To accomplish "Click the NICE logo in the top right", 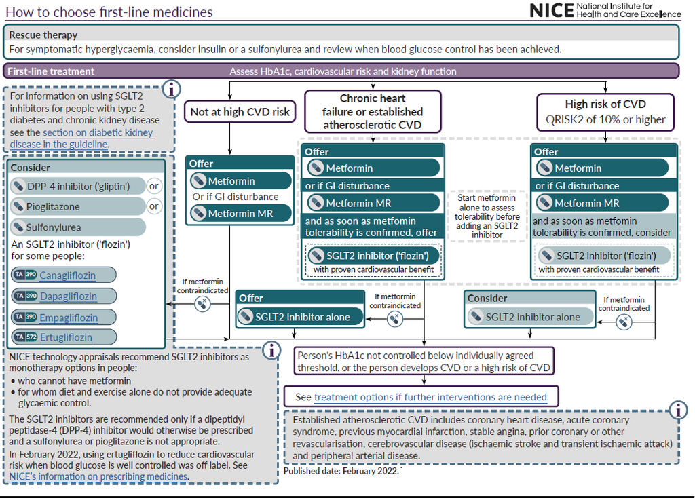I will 604,10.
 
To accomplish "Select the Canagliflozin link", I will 67,275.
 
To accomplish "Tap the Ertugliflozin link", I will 66,337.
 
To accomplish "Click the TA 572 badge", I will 25,337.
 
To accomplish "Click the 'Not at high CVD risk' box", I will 240,112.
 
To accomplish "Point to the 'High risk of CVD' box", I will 606,112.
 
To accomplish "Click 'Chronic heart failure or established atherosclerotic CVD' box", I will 373,112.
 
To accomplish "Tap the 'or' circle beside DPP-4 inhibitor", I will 154,186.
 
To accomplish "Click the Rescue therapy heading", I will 42,35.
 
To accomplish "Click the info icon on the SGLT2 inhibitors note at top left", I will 172,89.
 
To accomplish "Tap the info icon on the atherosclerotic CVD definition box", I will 677,409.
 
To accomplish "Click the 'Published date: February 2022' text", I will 341,470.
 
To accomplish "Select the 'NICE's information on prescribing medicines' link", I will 98,476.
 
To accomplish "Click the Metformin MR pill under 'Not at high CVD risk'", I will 240,213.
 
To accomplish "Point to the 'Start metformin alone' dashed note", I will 485,217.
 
